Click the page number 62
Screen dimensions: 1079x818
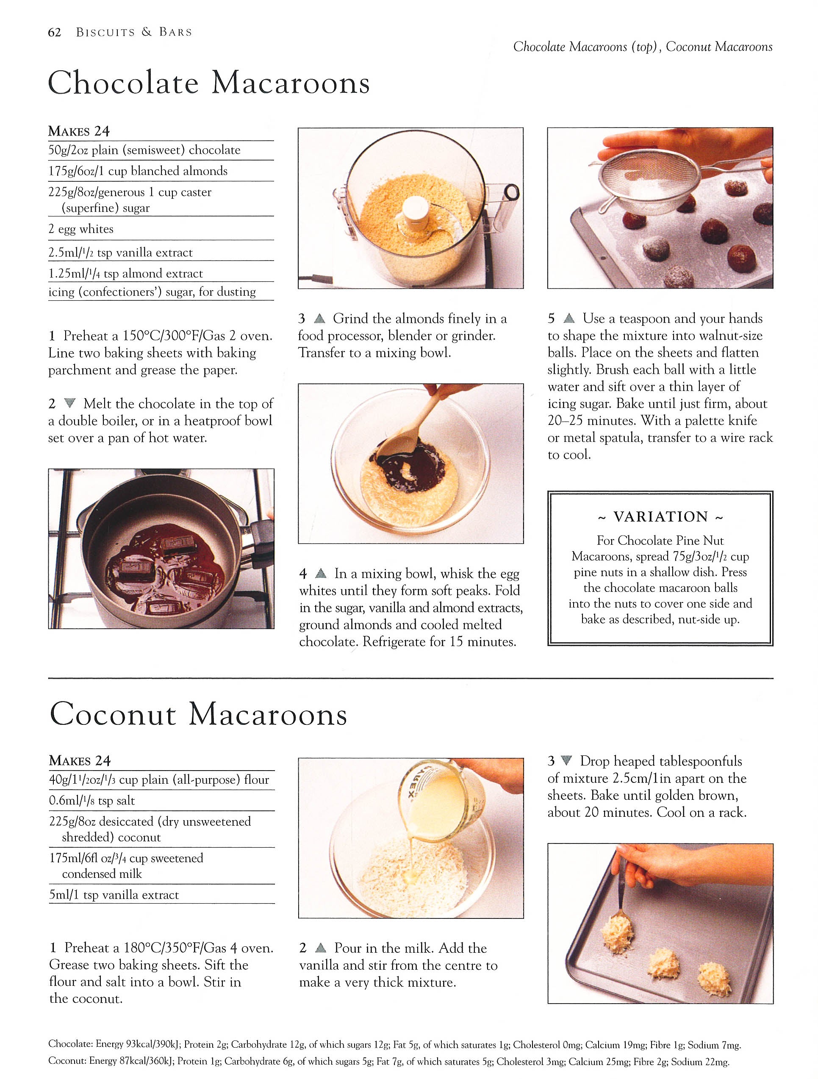point(54,32)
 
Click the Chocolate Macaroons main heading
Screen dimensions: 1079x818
point(209,83)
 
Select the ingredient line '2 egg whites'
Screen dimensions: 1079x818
point(81,229)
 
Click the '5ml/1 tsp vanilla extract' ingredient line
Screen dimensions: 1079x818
point(114,895)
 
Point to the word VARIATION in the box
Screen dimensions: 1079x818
point(660,516)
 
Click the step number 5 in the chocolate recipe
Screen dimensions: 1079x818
point(551,319)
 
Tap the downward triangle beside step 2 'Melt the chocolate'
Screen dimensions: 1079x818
point(70,403)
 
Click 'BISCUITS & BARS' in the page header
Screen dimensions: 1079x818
point(134,32)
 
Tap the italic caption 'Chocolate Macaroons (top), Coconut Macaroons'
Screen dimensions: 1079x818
point(642,47)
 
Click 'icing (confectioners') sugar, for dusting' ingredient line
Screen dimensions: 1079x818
point(152,292)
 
